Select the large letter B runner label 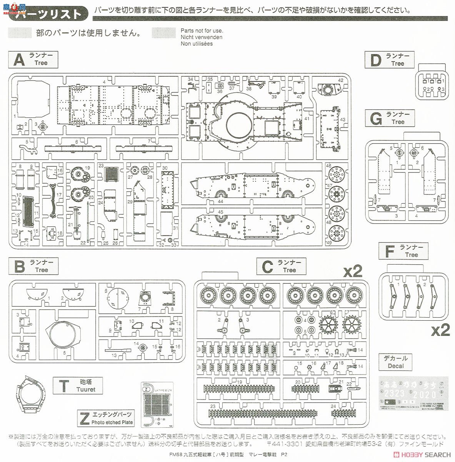19,266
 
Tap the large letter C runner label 267,266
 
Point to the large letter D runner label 375,60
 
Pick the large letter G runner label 375,118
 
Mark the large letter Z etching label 84,418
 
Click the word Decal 396,366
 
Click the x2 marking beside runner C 352,271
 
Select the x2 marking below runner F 440,330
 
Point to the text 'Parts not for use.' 202,31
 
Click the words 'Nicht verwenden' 202,37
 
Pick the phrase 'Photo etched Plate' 112,422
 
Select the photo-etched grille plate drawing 157,404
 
